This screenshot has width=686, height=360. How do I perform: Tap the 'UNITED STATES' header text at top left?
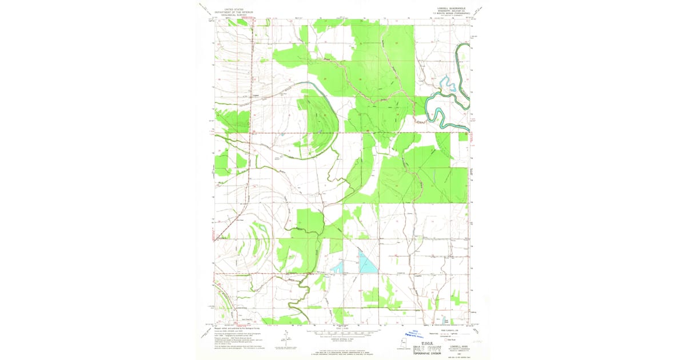[x=233, y=9]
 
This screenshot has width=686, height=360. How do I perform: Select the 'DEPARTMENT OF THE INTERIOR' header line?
[x=233, y=12]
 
